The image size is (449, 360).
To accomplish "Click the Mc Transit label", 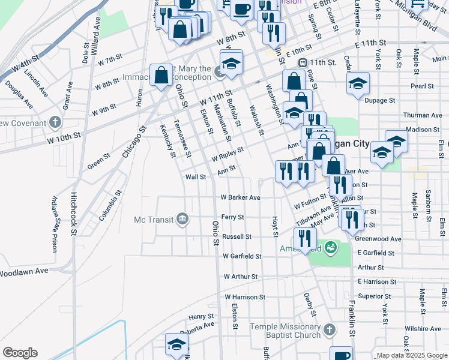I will point(154,219).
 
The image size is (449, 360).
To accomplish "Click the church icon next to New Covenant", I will point(55,123).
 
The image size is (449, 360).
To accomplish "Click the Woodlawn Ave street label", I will point(24,272).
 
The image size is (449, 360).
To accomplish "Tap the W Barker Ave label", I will point(240,197).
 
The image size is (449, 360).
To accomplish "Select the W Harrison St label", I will point(245,297).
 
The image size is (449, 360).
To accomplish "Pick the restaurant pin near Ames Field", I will point(305,239).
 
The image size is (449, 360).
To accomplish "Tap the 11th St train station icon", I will point(304,62).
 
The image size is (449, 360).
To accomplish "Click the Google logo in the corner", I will point(20,353).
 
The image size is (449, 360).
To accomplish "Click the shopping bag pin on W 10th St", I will point(161,76).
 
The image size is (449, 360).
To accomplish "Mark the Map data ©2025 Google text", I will point(411,355).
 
